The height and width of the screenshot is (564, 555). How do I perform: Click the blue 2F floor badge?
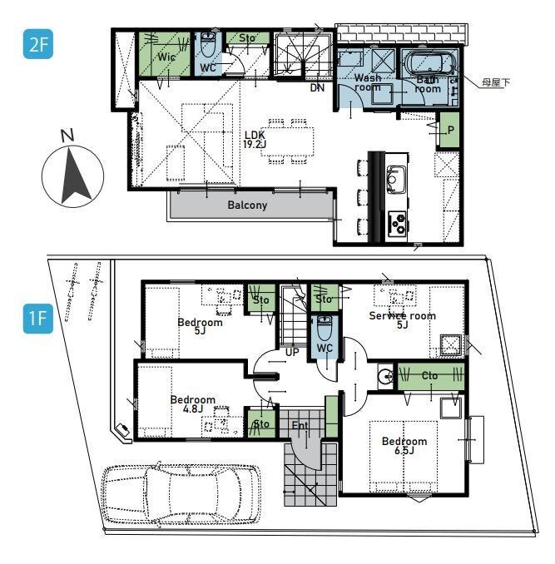tap(37, 44)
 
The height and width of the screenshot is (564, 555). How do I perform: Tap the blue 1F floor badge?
tap(37, 319)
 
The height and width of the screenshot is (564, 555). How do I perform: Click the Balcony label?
tap(247, 205)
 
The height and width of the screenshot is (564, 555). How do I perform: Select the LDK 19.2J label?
tap(255, 140)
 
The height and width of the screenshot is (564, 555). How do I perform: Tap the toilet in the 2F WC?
tap(207, 45)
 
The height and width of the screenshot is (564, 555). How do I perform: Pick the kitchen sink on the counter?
tap(396, 180)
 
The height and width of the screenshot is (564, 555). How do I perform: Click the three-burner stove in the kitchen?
tap(397, 223)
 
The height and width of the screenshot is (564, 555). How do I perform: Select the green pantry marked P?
tap(449, 130)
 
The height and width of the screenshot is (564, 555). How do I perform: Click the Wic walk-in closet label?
tap(166, 57)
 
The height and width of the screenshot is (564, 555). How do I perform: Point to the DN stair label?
tap(317, 87)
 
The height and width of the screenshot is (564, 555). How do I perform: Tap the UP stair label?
tap(292, 352)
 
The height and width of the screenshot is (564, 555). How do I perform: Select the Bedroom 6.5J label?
tap(404, 446)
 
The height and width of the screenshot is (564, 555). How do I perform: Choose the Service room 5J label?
tap(402, 319)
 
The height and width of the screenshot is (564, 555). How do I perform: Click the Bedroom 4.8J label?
tap(193, 404)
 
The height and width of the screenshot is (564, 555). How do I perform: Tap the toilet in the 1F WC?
tap(325, 329)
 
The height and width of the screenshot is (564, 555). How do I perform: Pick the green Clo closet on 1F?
tap(430, 376)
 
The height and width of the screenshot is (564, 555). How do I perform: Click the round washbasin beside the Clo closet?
tap(386, 376)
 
